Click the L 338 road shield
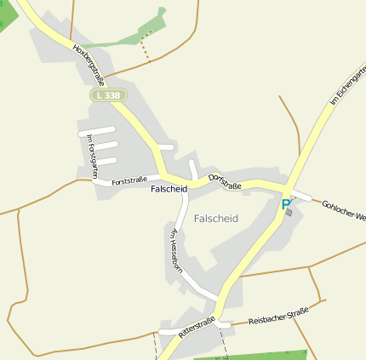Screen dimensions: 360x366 tap(108, 95)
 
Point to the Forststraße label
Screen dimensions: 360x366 tap(129, 181)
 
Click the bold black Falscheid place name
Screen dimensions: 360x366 tap(169, 189)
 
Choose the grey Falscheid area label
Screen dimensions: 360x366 tap(216, 219)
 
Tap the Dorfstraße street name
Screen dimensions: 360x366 tap(226, 180)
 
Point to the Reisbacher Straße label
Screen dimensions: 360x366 tap(278, 316)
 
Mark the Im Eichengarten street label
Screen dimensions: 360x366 tap(347, 86)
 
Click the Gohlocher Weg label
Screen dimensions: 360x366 tap(343, 210)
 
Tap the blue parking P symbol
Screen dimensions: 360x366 tap(285, 204)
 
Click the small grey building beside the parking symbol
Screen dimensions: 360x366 tap(289, 213)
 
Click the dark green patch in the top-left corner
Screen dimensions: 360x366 tap(7, 14)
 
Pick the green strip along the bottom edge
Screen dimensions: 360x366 tap(255, 355)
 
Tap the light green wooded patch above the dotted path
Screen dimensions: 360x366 tap(153, 25)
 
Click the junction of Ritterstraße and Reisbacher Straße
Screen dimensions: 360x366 tap(222, 323)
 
